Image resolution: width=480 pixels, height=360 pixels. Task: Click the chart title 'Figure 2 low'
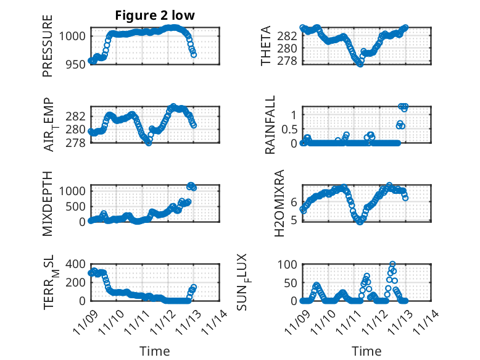[x=155, y=16]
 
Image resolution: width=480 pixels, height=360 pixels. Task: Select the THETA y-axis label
[x=265, y=46]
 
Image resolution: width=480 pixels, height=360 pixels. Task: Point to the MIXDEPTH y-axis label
[x=48, y=203]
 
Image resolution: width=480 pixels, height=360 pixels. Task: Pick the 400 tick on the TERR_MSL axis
[x=76, y=264]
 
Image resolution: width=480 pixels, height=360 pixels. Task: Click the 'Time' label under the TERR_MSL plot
[x=155, y=351]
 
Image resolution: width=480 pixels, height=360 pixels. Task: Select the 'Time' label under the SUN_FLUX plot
[x=366, y=351]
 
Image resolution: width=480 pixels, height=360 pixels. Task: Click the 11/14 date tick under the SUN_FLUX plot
[x=432, y=321]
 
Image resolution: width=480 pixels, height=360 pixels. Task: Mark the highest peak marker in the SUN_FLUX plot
[x=392, y=264]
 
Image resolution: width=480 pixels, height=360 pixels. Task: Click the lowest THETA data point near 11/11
[x=360, y=64]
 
